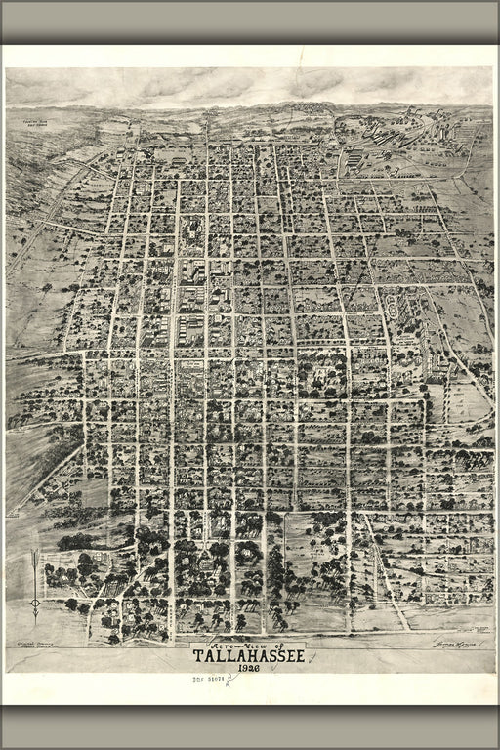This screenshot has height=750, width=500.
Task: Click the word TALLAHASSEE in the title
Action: pos(248,655)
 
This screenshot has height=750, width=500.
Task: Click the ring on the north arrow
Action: pos(36,604)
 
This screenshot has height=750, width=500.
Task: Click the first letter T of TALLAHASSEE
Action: pos(198,655)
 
